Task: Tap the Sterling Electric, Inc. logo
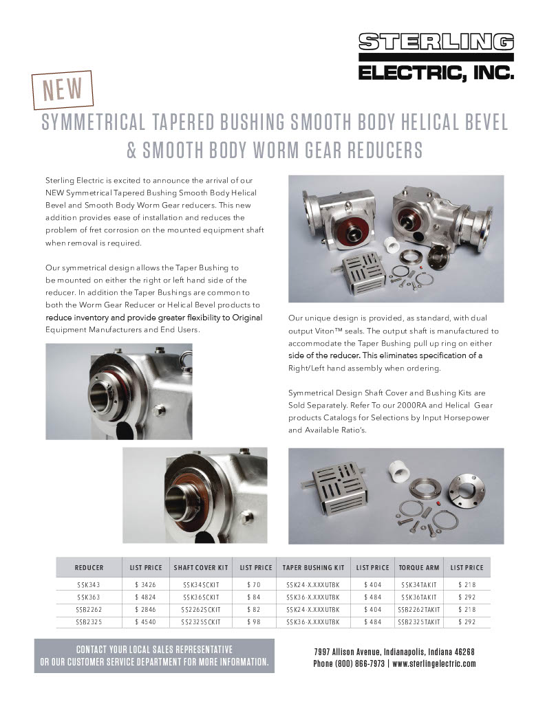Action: point(436,57)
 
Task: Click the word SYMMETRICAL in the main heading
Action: point(92,124)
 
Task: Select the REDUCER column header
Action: point(89,568)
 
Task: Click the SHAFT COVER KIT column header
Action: point(201,568)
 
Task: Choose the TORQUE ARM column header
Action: point(418,568)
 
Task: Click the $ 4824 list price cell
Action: point(145,596)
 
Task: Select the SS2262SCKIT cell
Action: point(201,609)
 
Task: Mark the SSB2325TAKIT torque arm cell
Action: point(418,621)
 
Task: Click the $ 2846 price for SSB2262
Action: point(145,609)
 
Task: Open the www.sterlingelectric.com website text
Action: point(434,663)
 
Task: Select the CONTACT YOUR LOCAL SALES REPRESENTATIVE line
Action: point(154,650)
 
